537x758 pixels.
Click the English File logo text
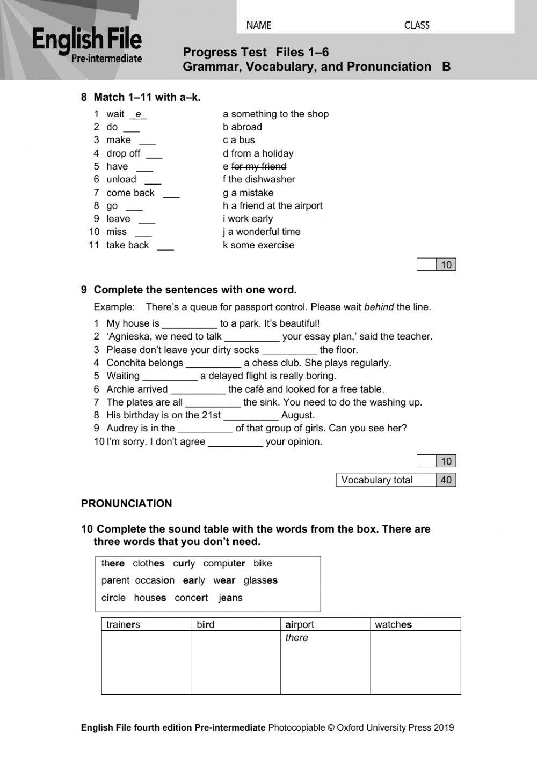[x=87, y=40]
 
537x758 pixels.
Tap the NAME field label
[x=259, y=25]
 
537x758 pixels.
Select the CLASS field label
[x=417, y=25]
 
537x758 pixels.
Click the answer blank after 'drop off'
[x=154, y=154]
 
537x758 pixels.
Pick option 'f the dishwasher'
[x=259, y=179]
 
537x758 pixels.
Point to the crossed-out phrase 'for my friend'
[x=258, y=166]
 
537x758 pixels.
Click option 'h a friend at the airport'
[x=273, y=205]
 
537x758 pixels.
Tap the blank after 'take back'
[x=165, y=246]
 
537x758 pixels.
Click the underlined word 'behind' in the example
[x=379, y=307]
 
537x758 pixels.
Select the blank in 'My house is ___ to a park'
[x=190, y=325]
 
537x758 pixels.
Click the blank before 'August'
[x=251, y=416]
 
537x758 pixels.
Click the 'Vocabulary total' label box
[x=376, y=480]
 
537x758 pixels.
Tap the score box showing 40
[x=446, y=480]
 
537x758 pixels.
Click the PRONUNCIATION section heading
[x=127, y=503]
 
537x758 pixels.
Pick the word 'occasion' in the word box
[x=155, y=580]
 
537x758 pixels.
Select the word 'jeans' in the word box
[x=230, y=598]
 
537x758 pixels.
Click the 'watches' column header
[x=393, y=624]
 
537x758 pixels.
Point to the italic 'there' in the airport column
[x=296, y=637]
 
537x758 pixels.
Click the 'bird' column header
[x=205, y=624]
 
